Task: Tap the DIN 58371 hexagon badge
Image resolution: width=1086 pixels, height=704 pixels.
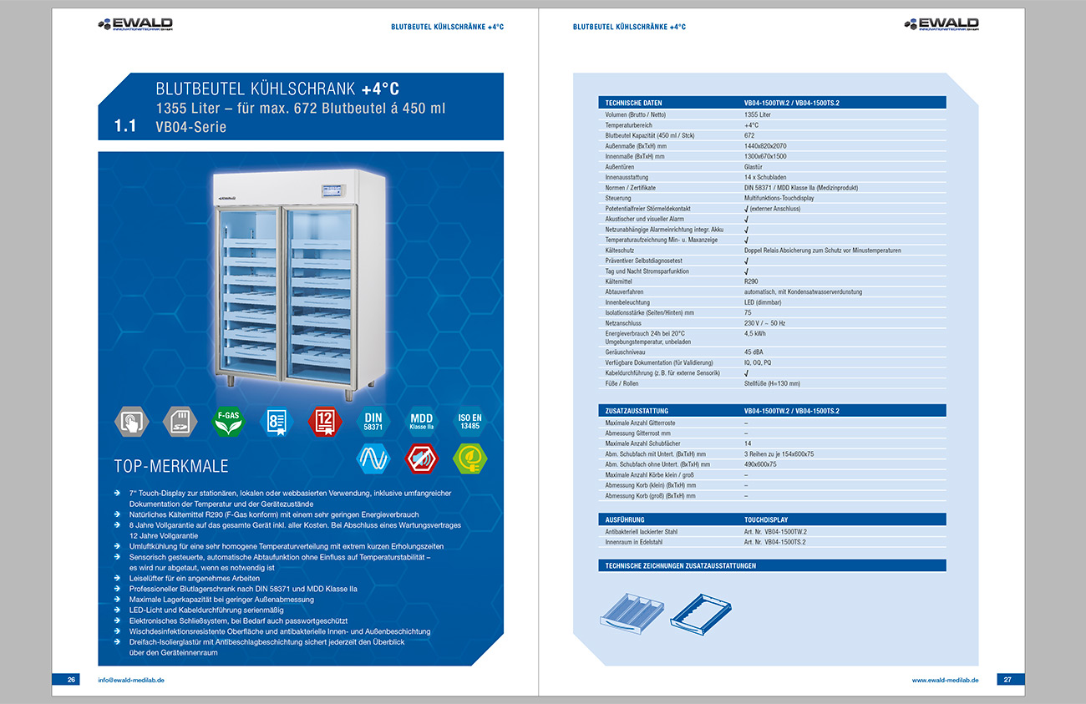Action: coord(373,421)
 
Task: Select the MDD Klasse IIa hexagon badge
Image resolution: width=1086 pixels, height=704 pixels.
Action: coord(421,421)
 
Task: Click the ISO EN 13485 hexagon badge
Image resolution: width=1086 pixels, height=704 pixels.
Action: coord(469,421)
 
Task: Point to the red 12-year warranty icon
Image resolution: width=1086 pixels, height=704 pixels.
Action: coord(324,421)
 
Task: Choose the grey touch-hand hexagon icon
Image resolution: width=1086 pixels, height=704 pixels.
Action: coord(130,421)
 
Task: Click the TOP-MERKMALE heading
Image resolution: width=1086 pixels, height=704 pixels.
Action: coord(170,465)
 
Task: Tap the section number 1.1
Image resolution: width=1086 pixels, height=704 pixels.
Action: coord(124,127)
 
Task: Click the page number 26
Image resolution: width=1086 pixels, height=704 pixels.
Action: coord(72,680)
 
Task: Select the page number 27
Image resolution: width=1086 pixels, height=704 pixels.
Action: coord(1007,680)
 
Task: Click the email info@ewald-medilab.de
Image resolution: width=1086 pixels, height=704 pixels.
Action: coord(130,680)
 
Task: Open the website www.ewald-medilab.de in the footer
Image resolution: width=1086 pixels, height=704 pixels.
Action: coord(945,680)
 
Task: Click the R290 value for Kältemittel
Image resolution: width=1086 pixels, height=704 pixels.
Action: coord(751,281)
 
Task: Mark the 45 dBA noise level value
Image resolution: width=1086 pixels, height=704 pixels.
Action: coord(754,352)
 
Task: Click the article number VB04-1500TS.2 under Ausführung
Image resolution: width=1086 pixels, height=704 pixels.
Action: coord(775,542)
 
